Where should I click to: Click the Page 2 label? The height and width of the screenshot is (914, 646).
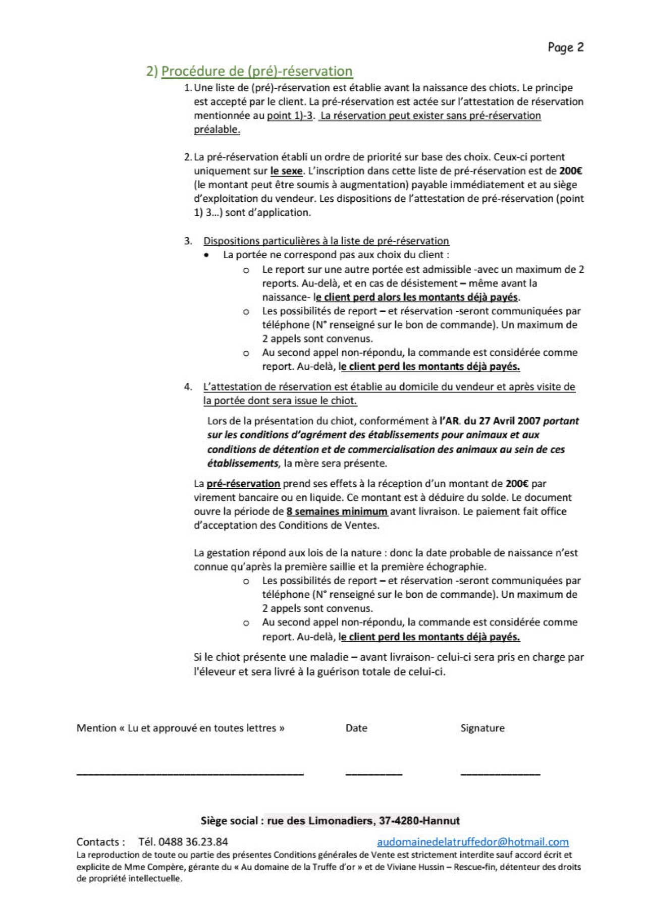tap(566, 47)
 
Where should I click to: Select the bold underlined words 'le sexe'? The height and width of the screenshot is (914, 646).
tap(286, 171)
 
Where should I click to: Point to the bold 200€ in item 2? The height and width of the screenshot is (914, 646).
tap(571, 171)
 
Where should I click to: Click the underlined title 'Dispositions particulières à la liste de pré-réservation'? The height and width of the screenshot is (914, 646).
tap(326, 241)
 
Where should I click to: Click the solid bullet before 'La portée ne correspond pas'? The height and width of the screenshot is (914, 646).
tap(206, 255)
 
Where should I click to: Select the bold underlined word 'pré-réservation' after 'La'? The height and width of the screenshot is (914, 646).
tap(243, 484)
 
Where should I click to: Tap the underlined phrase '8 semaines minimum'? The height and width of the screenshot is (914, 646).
tap(337, 511)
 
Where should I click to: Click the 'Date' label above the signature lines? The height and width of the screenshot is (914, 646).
tap(356, 728)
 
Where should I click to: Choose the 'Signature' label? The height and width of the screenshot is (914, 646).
tap(482, 728)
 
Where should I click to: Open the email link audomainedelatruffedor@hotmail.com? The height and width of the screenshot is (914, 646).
tap(473, 842)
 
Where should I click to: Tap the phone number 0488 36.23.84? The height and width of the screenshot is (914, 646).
tap(193, 842)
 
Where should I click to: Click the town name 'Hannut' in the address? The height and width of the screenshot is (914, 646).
tap(441, 821)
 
